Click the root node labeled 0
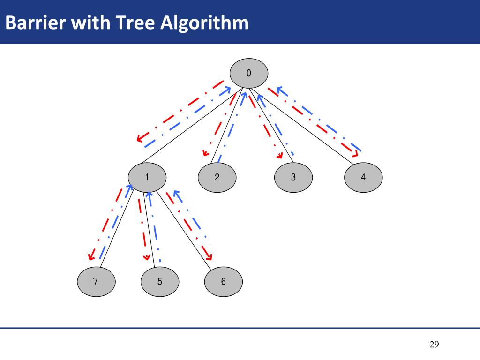tap(248, 74)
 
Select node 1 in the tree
tap(147, 177)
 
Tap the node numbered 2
tap(217, 177)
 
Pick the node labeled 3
tap(293, 177)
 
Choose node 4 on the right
tap(363, 177)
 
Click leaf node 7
tap(96, 282)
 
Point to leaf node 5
tap(160, 282)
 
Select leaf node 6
tap(223, 282)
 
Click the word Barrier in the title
tap(35, 22)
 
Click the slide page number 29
tap(434, 345)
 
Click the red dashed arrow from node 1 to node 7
tap(106, 223)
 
